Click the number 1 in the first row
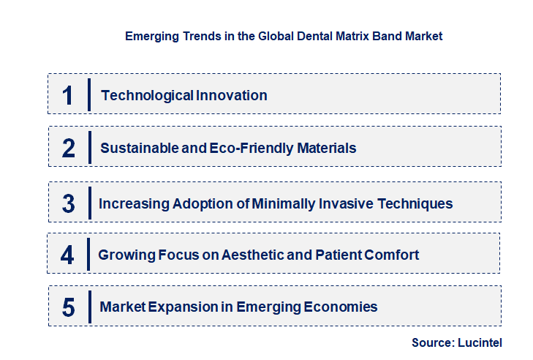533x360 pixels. [x=68, y=95]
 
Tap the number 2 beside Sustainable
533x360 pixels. [x=69, y=148]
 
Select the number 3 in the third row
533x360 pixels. [x=69, y=203]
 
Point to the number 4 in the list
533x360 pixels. [x=68, y=255]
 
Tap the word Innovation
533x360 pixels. [x=231, y=95]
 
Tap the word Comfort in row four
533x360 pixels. [x=393, y=255]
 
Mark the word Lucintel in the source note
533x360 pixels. [x=480, y=342]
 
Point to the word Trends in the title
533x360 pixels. [x=194, y=35]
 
